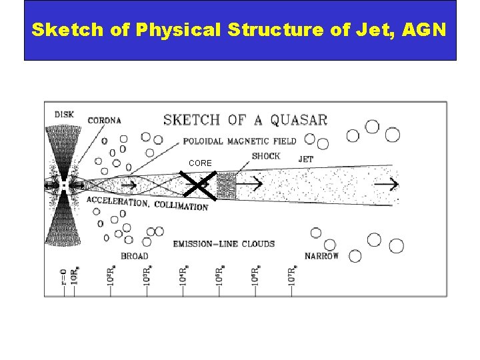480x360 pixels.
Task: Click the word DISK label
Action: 64,115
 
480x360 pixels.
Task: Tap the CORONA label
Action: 104,121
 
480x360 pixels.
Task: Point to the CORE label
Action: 200,163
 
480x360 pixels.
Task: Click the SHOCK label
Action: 266,156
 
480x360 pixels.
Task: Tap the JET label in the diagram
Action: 306,159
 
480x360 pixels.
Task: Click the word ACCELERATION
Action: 117,201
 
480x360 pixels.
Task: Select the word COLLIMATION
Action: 181,206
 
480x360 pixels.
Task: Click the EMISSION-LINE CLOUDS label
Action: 223,243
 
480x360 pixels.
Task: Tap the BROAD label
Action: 135,256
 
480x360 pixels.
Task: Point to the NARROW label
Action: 321,256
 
